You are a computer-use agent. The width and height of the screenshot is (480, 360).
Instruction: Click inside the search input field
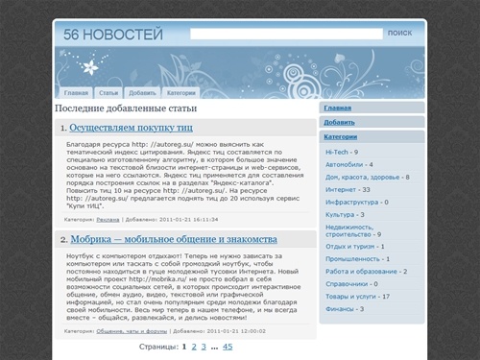(x=284, y=34)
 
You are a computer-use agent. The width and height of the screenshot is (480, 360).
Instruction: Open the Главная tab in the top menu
(x=77, y=93)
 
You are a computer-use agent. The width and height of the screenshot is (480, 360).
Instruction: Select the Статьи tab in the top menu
(x=108, y=93)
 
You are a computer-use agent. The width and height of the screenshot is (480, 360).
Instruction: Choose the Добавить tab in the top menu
(x=142, y=93)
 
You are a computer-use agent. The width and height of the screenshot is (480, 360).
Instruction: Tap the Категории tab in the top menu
(x=180, y=93)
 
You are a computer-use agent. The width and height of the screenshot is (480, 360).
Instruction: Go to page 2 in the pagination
(x=193, y=347)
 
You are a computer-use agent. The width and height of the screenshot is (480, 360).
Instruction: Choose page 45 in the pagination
(x=228, y=347)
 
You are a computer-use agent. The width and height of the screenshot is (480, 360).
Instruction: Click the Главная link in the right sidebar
(x=338, y=108)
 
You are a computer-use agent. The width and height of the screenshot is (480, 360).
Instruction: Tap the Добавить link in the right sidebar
(x=339, y=123)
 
